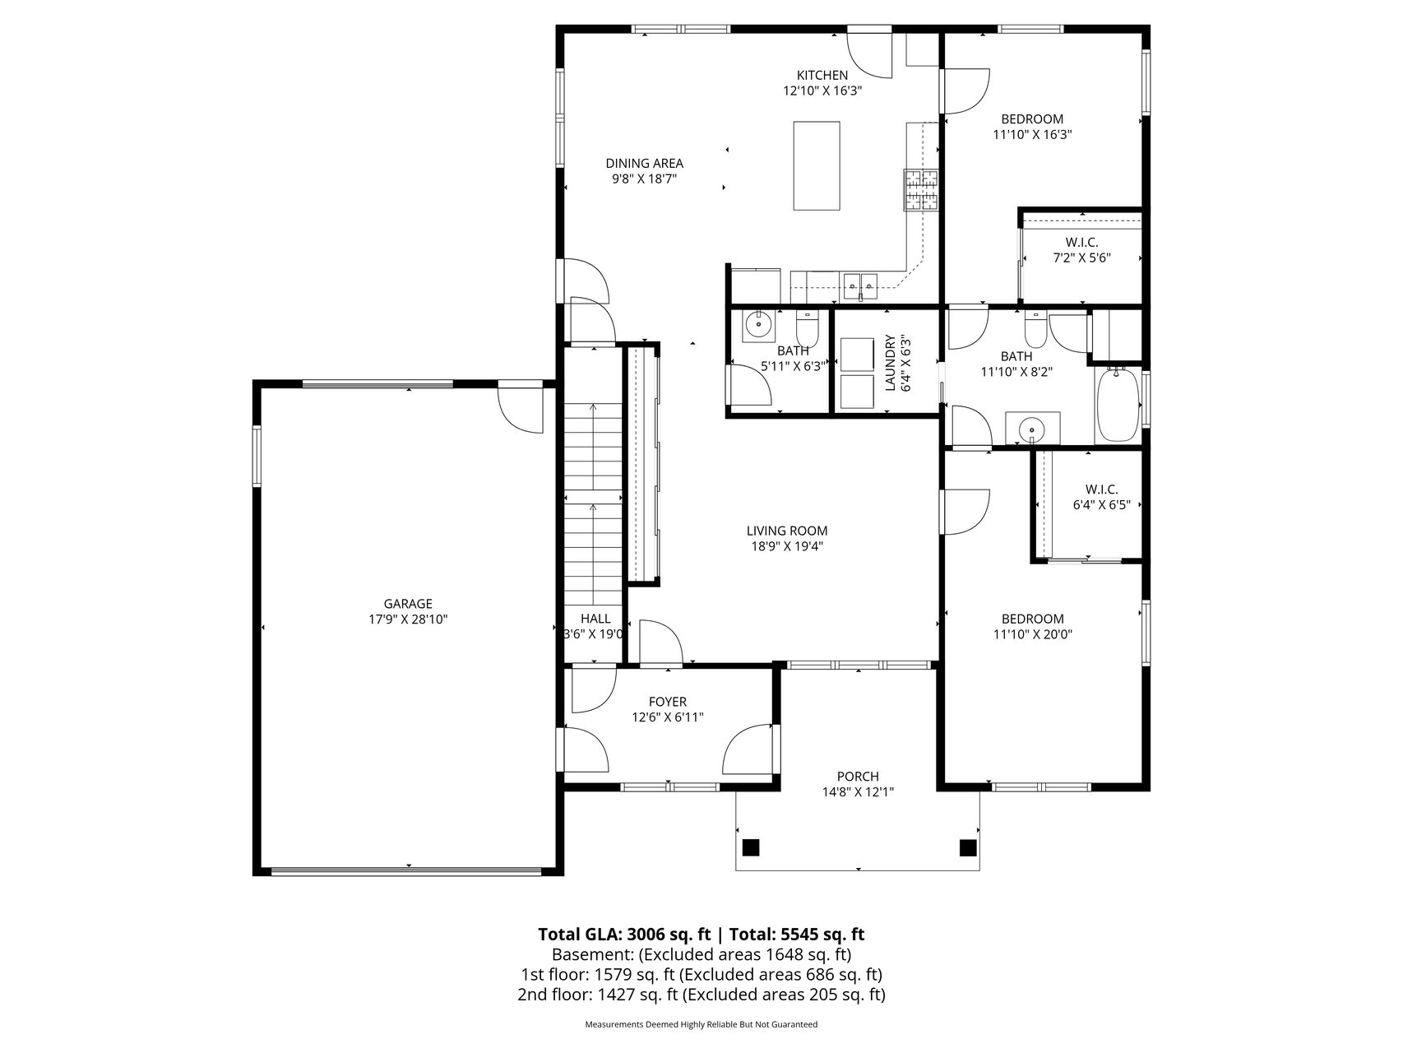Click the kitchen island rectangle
pyautogui.click(x=817, y=165)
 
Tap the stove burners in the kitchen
pyautogui.click(x=921, y=190)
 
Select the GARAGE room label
pyautogui.click(x=408, y=604)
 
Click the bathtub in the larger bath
pyautogui.click(x=1118, y=406)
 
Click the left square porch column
pyautogui.click(x=751, y=847)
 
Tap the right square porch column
pyautogui.click(x=967, y=847)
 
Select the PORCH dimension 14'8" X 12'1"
pyautogui.click(x=858, y=792)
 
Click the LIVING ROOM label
pyautogui.click(x=787, y=531)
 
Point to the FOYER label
pyautogui.click(x=668, y=702)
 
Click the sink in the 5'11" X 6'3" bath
pyautogui.click(x=758, y=325)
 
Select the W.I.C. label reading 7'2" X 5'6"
pyautogui.click(x=1082, y=250)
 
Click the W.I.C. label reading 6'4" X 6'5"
pyautogui.click(x=1102, y=498)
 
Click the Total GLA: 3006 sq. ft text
pyautogui.click(x=624, y=935)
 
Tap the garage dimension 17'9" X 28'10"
pyautogui.click(x=408, y=619)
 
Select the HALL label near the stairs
pyautogui.click(x=595, y=619)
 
